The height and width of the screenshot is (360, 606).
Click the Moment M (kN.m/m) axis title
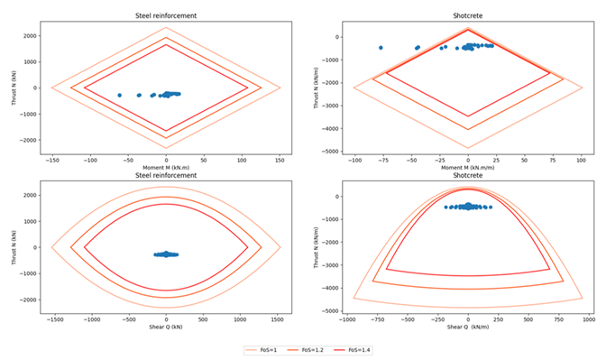click(468, 169)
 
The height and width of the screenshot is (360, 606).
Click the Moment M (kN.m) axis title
click(166, 169)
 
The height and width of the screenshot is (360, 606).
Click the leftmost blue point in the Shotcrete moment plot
click(381, 48)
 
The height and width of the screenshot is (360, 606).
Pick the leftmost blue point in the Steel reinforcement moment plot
click(119, 95)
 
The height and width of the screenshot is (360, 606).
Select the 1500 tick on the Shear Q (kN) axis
click(279, 318)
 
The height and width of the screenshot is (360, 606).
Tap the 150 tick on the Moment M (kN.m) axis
click(279, 160)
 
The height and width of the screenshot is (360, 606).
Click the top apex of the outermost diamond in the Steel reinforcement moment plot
click(166, 27)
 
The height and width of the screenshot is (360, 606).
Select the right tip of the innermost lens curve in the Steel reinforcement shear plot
click(248, 246)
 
